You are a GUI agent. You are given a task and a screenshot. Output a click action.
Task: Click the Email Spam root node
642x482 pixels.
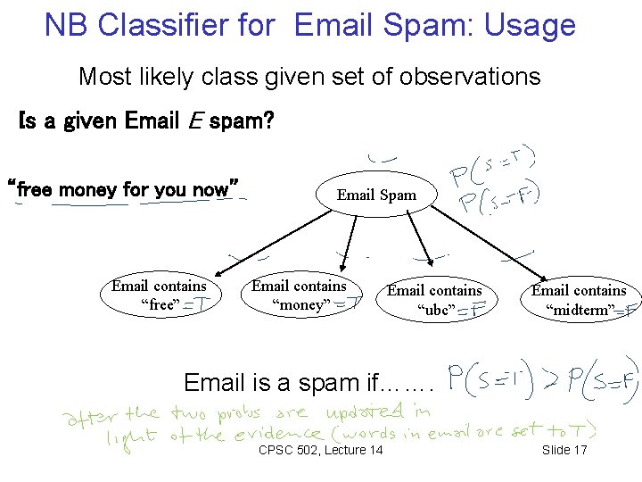[375, 195]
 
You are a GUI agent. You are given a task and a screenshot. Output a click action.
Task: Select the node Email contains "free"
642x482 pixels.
[159, 295]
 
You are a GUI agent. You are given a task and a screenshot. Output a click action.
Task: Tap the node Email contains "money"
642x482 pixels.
[299, 295]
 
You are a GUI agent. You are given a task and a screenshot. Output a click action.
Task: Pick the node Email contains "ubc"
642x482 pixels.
[433, 300]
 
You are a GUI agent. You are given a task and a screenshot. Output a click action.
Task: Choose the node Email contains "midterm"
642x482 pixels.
[579, 300]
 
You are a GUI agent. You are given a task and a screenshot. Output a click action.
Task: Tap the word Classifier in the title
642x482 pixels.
[188, 25]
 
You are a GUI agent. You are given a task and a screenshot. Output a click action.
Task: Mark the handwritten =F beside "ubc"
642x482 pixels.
[473, 311]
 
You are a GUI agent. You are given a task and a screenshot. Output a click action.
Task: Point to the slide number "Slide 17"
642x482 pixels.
[564, 449]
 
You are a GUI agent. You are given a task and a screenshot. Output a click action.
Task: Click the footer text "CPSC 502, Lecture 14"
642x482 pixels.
[320, 449]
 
